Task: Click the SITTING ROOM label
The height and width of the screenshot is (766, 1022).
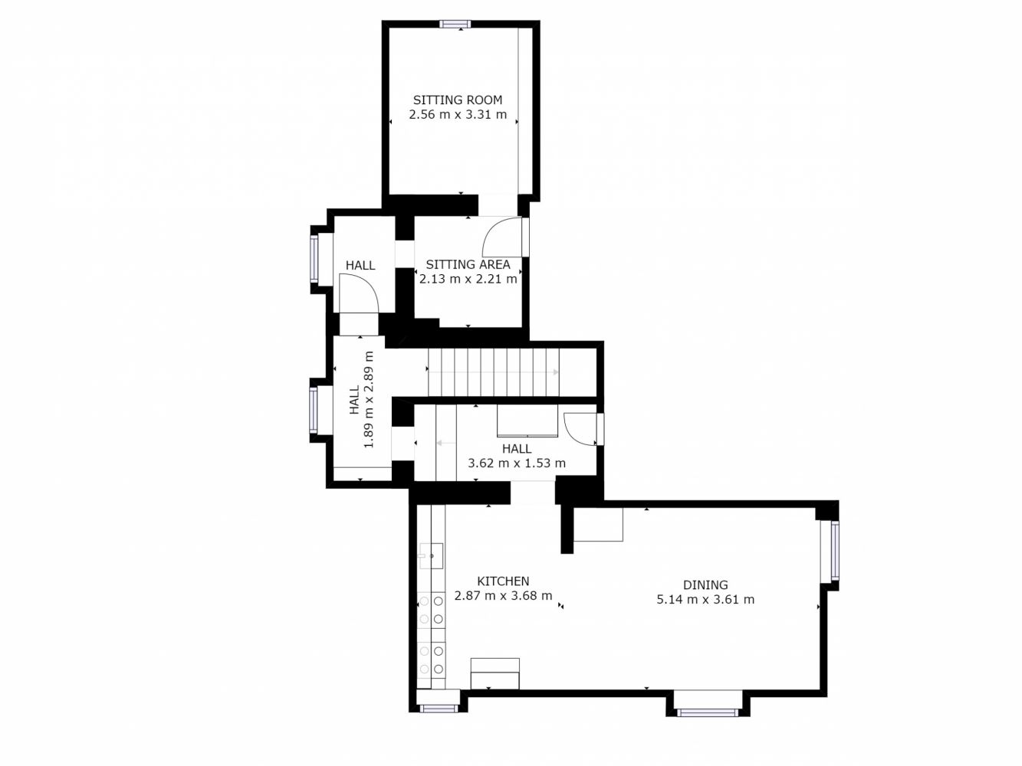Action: (x=458, y=100)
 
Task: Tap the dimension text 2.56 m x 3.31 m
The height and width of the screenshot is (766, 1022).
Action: (x=458, y=114)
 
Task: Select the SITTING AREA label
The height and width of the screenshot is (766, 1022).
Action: (x=468, y=264)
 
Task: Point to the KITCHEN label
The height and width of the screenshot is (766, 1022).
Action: (x=503, y=581)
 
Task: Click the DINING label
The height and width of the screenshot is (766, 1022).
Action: (x=705, y=585)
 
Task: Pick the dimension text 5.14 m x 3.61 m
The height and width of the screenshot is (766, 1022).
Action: (x=705, y=600)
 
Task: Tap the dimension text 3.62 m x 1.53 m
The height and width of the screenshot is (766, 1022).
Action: (x=516, y=463)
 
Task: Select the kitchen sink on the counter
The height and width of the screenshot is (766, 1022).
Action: (x=431, y=556)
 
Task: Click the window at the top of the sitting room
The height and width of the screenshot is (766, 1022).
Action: (x=455, y=25)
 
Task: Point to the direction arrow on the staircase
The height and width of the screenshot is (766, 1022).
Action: (x=493, y=372)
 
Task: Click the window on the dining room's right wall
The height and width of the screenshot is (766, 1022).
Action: (x=835, y=550)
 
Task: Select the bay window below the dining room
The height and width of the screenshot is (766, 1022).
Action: (x=707, y=712)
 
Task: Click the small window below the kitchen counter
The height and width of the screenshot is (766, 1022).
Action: (x=438, y=709)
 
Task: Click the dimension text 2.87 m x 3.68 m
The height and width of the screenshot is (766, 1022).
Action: (x=503, y=596)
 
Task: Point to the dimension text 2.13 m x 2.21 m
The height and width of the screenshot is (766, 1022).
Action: (x=468, y=279)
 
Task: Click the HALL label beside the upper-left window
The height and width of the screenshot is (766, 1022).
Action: (x=360, y=266)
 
